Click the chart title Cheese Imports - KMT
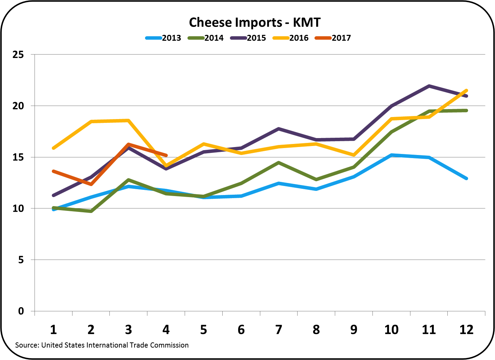255,22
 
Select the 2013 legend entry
163,38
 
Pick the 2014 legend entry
206,38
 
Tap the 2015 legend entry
248,38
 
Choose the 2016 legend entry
291,38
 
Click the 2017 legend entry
333,38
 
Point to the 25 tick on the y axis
18,55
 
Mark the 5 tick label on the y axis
21,260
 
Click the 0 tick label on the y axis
21,311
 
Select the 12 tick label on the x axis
466,330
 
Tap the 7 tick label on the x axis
279,330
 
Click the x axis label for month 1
54,330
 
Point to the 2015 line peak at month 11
429,86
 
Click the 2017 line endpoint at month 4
166,155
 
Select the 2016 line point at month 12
466,90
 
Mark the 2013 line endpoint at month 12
466,178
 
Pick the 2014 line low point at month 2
91,211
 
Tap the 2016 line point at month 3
128,120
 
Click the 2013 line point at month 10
391,155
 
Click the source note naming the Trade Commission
102,345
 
